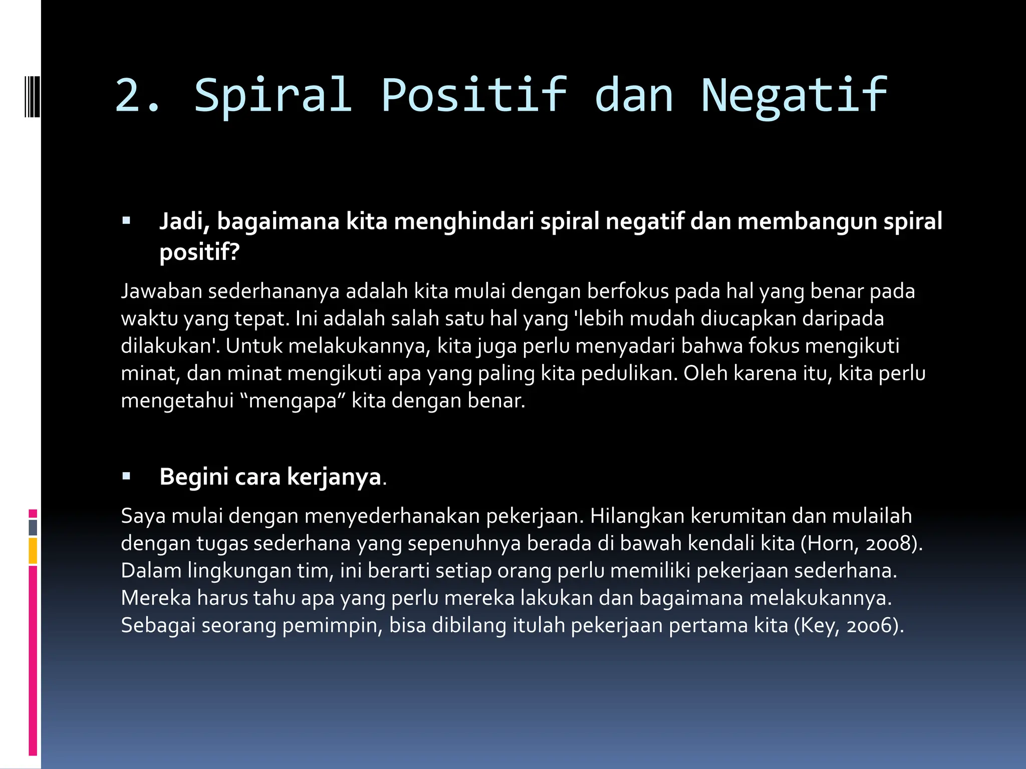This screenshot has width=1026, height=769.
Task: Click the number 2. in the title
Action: [x=138, y=95]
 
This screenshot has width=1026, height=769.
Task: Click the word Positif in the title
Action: [x=473, y=95]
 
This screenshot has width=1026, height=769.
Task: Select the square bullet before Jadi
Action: [x=126, y=220]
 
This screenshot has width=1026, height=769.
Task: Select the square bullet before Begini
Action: [x=126, y=476]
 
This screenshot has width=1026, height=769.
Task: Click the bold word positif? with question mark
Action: [x=199, y=251]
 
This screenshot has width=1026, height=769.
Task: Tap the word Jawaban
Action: [x=161, y=291]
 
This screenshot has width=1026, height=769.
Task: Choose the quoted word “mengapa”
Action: [x=293, y=401]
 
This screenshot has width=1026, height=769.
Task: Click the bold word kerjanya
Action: [x=334, y=477]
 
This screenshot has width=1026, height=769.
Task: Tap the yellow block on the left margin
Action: [x=33, y=550]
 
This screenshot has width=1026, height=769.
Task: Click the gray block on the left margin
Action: [x=33, y=527]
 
